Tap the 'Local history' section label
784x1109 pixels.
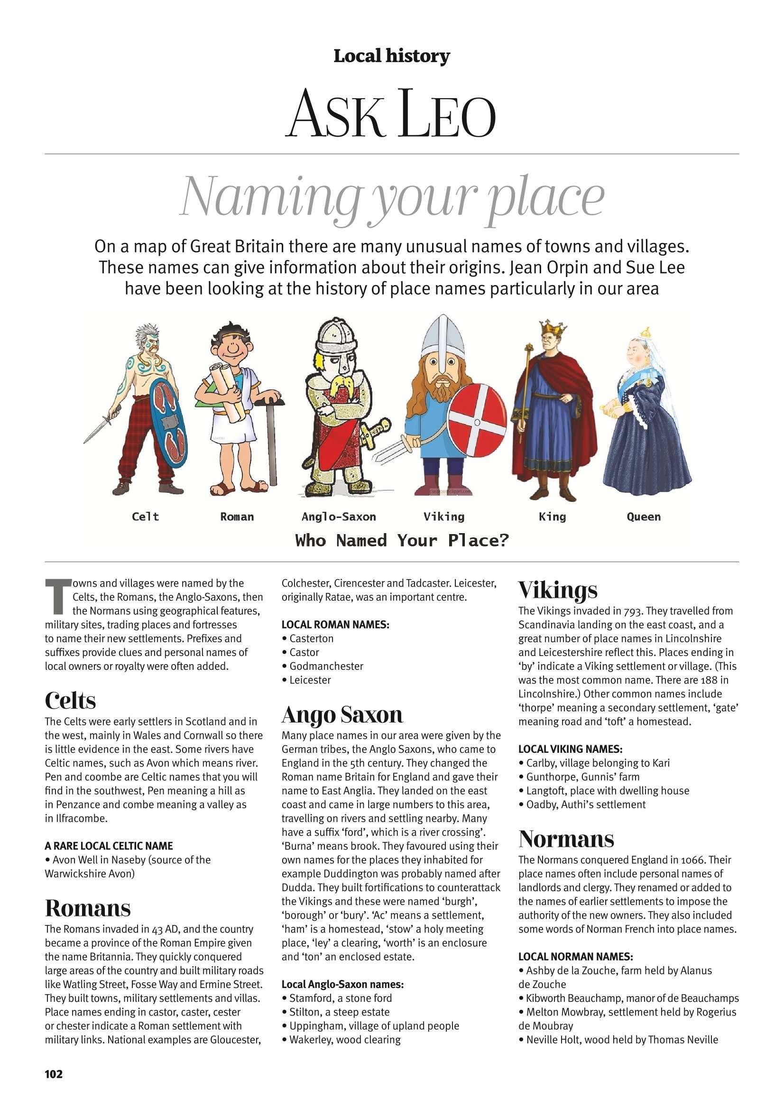tap(391, 56)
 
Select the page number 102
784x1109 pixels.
tap(54, 1074)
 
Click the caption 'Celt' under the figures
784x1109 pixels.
tap(145, 517)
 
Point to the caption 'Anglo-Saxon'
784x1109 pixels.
tap(338, 517)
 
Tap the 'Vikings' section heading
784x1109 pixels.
tap(557, 590)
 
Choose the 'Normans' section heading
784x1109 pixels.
tap(566, 839)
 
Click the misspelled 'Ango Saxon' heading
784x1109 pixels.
tap(342, 714)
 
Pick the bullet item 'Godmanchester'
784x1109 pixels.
tap(326, 666)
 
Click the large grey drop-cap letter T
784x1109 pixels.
tap(55, 595)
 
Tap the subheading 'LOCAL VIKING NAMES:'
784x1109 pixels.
tap(570, 749)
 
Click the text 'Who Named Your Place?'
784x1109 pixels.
tap(402, 540)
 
